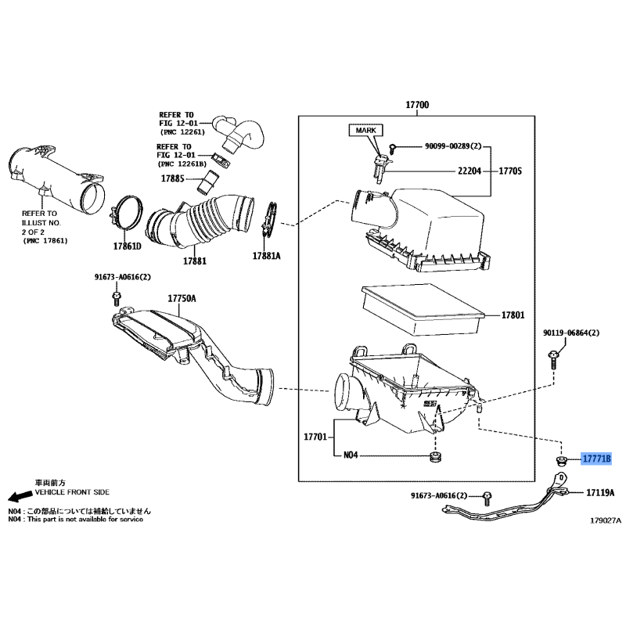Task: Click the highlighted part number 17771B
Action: tap(596, 459)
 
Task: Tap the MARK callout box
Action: tap(365, 130)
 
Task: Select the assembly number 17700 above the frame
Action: tap(417, 105)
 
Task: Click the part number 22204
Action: tap(469, 171)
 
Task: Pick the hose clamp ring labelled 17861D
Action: tap(126, 214)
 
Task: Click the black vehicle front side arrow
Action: tap(20, 496)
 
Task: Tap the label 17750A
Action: tap(182, 298)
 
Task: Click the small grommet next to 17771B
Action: tap(561, 460)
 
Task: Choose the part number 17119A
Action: tap(600, 493)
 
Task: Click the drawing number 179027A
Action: tap(606, 520)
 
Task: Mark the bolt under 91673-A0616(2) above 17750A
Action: tap(117, 299)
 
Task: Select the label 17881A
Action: tap(266, 256)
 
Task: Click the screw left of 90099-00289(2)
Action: tap(393, 149)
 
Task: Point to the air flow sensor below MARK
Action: tap(380, 168)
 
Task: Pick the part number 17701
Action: tap(315, 437)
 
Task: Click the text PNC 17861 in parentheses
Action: tap(45, 241)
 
